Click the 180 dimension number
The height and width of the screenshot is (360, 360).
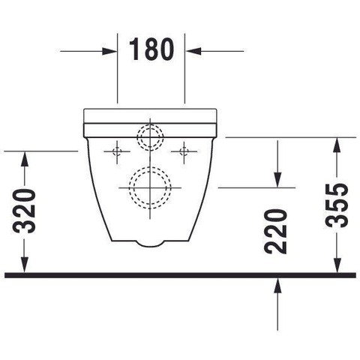click(x=151, y=49)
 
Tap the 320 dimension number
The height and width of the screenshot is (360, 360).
click(x=24, y=211)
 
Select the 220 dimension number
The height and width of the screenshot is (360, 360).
click(x=275, y=232)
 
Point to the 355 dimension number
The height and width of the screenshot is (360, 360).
click(x=337, y=205)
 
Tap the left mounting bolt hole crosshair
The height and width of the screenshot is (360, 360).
click(x=117, y=151)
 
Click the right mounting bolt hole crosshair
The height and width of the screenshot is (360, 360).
click(x=184, y=151)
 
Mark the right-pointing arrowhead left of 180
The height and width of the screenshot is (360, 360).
click(x=109, y=51)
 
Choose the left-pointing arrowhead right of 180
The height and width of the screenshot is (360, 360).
click(x=193, y=51)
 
